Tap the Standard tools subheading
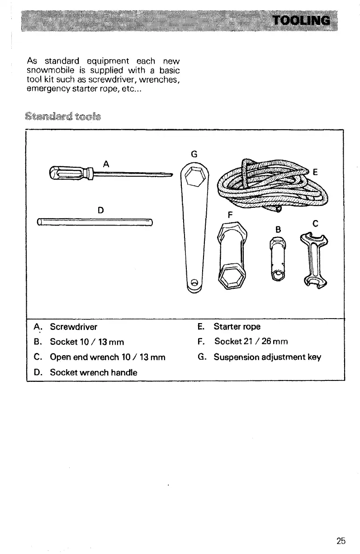coord(65,116)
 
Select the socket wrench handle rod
coord(95,221)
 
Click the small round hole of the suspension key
coord(195,283)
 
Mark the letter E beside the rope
coord(315,172)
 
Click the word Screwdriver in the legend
coord(74,326)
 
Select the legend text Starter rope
coord(237,326)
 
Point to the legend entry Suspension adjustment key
coord(267,357)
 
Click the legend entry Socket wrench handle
coord(94,372)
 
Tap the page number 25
coord(341,540)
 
